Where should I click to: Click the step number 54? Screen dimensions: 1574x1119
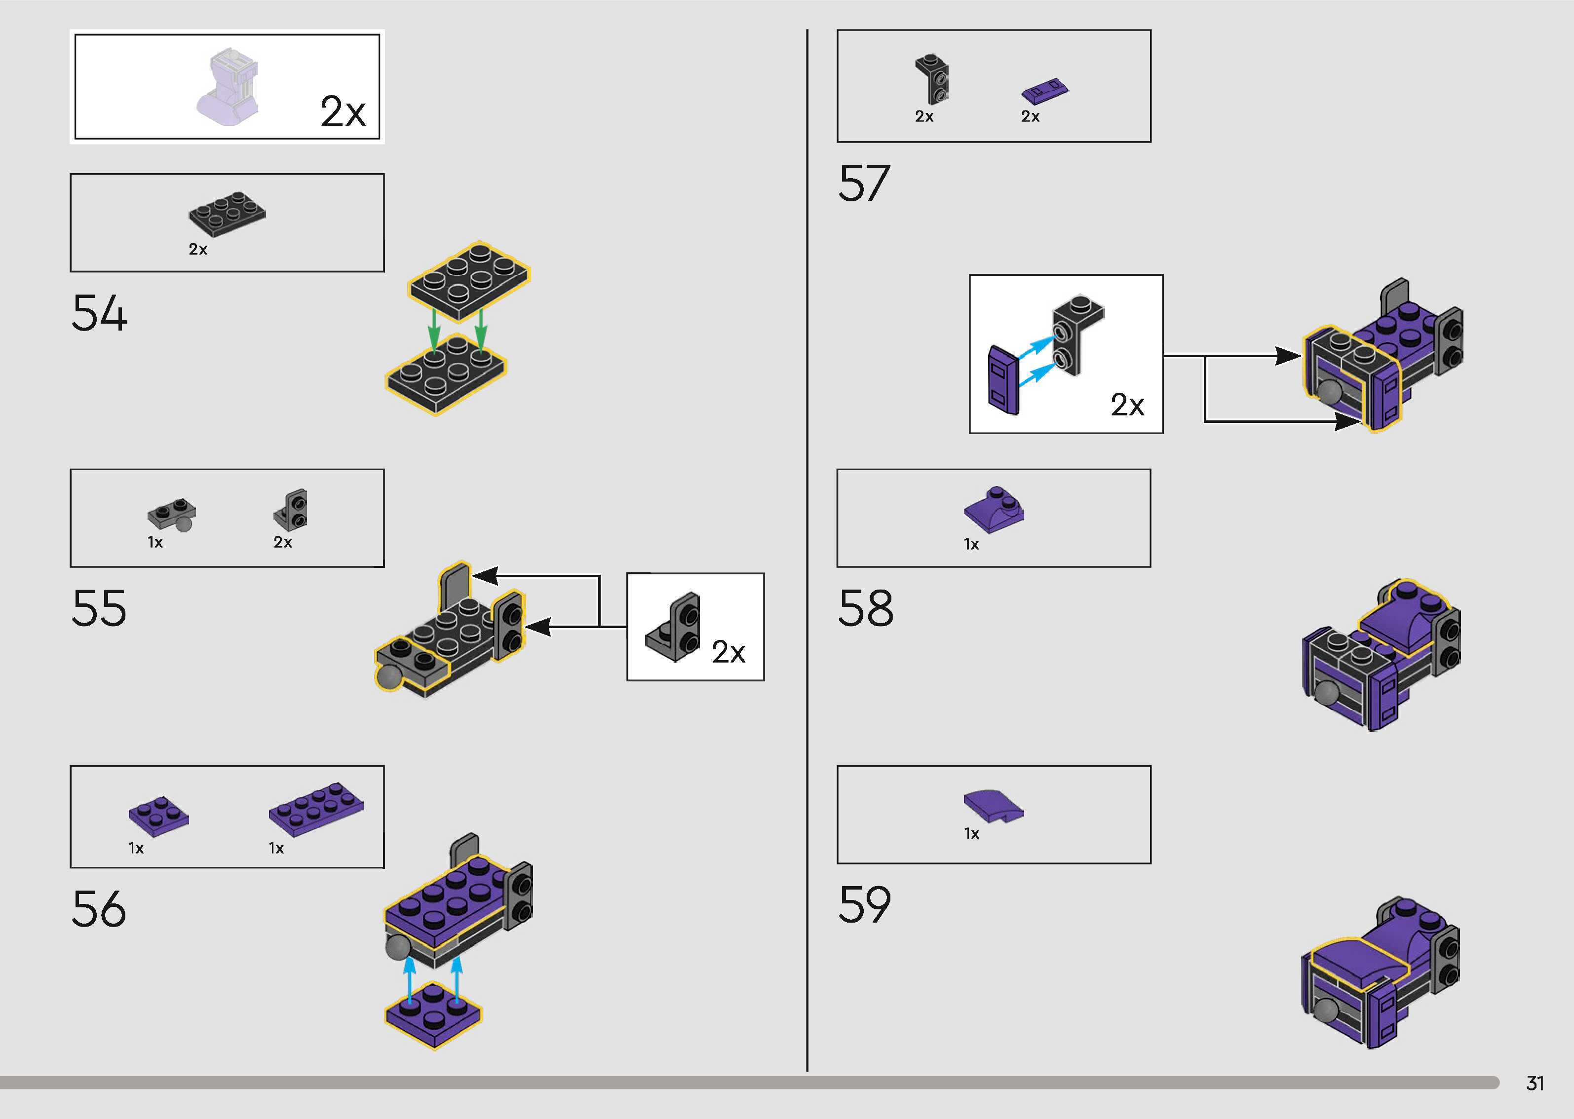tap(99, 313)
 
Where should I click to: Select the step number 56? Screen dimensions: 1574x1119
tap(99, 909)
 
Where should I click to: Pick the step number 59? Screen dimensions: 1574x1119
tap(865, 905)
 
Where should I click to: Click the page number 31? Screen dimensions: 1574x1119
tap(1535, 1083)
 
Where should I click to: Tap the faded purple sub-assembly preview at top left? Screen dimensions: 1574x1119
tap(230, 87)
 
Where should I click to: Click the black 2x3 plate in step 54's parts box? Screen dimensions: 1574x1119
tap(228, 213)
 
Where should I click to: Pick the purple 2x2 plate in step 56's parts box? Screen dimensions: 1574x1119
tap(158, 816)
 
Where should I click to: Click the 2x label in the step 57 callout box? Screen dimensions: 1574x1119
tap(1127, 405)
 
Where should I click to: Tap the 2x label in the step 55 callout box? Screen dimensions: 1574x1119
tap(729, 652)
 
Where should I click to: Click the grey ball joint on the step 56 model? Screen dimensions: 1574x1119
tap(398, 947)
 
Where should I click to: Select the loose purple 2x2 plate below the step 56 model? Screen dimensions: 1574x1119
tap(433, 1015)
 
